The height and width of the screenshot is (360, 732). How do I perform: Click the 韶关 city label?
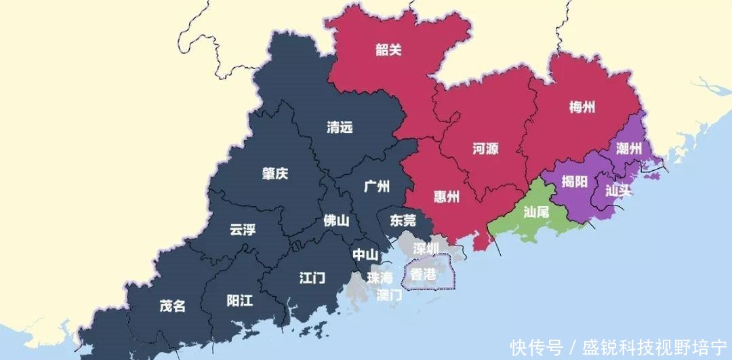[388, 49]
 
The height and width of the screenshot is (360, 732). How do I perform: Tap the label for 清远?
[340, 127]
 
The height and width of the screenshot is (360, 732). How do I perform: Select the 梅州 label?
[582, 106]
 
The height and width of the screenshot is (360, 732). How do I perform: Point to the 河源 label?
[485, 148]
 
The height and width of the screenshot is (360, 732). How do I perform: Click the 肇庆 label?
[275, 174]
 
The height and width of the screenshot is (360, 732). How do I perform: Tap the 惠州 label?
[446, 197]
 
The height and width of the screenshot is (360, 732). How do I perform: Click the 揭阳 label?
[574, 182]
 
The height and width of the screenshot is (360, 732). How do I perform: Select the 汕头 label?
[617, 191]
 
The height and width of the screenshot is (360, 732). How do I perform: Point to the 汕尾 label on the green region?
[536, 212]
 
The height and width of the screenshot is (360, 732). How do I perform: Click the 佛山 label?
[336, 220]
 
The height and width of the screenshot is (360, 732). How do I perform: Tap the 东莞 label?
[403, 220]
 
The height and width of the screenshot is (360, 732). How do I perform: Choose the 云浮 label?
[243, 229]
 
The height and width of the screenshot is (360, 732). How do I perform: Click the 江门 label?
[312, 277]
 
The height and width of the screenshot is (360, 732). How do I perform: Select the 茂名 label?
[172, 306]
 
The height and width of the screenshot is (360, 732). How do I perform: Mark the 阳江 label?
[239, 300]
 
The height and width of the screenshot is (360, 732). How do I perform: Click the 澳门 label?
[389, 295]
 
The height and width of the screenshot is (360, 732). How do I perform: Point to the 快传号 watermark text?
[537, 348]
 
